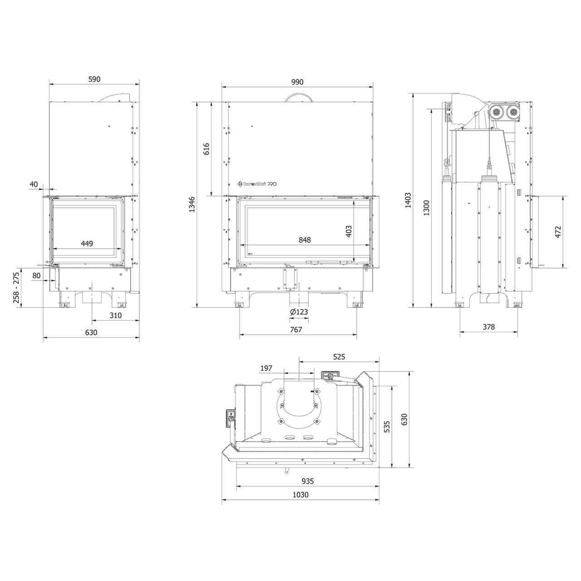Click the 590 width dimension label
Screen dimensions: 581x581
(x=94, y=79)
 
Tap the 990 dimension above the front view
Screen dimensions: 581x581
(x=297, y=82)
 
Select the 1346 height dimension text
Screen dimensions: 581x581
(x=192, y=204)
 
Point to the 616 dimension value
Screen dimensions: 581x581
(x=206, y=149)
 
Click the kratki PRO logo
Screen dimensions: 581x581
(x=256, y=184)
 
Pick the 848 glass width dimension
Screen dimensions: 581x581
(x=305, y=240)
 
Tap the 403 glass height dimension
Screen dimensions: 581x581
(x=349, y=231)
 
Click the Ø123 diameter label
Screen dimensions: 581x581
(x=299, y=312)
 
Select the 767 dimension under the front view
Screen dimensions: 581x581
(x=296, y=330)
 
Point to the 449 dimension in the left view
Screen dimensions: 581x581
(x=87, y=243)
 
